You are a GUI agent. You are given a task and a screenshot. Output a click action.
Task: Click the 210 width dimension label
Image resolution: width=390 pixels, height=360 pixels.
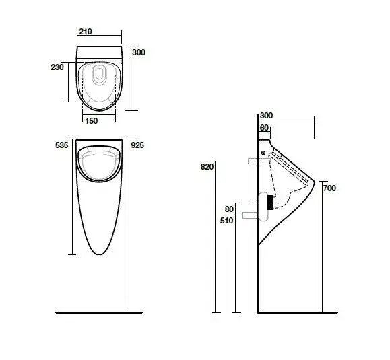[x=86, y=32]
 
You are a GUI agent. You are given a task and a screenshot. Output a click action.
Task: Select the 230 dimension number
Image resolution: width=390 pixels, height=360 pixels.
[x=57, y=67]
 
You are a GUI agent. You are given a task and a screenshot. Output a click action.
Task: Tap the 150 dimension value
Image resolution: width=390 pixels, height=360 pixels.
[x=92, y=121]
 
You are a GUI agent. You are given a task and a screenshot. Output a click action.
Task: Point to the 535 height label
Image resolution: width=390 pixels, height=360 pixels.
[x=62, y=145]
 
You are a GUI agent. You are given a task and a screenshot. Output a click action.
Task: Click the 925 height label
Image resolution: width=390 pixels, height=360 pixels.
[x=137, y=145]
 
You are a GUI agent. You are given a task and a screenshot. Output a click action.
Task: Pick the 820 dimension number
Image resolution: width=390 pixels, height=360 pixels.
[x=207, y=167]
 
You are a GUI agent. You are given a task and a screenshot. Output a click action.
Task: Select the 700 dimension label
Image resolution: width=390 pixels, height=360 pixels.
[x=329, y=188]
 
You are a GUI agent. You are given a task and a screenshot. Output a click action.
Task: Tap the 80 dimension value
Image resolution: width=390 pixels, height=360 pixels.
[x=229, y=209]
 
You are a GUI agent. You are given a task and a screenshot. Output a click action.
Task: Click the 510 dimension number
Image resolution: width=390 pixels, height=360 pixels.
[x=226, y=220]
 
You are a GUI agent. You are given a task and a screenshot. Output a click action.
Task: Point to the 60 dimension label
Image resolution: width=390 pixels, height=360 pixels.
[x=264, y=128]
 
